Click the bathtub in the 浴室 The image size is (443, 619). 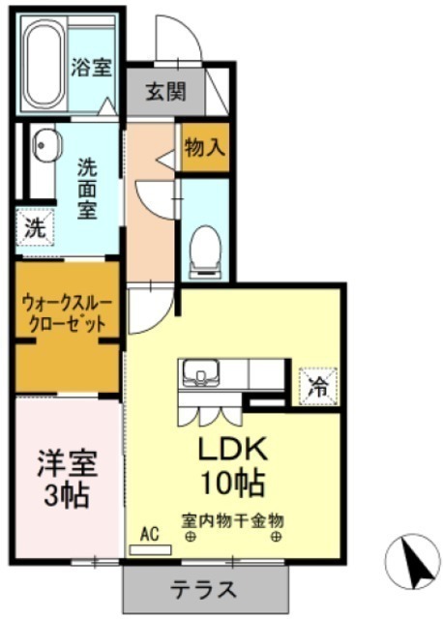pos(44,64)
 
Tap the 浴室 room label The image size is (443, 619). pos(91,68)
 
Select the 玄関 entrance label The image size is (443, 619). pos(165,92)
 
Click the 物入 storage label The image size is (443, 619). pos(205,147)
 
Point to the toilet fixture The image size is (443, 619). pos(205,252)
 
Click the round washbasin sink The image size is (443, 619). pos(46,144)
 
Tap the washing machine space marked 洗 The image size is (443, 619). pos(35,228)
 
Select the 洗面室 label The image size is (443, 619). pos(87,189)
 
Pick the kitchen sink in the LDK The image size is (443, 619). pos(200,373)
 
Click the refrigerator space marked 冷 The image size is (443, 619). pos(318,387)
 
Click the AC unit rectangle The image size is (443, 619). pos(151,550)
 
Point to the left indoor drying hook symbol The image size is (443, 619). pos(192,537)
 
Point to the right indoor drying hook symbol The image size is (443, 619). pos(276,537)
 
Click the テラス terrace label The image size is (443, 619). pos(204,590)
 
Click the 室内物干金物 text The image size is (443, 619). pos(232,521)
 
